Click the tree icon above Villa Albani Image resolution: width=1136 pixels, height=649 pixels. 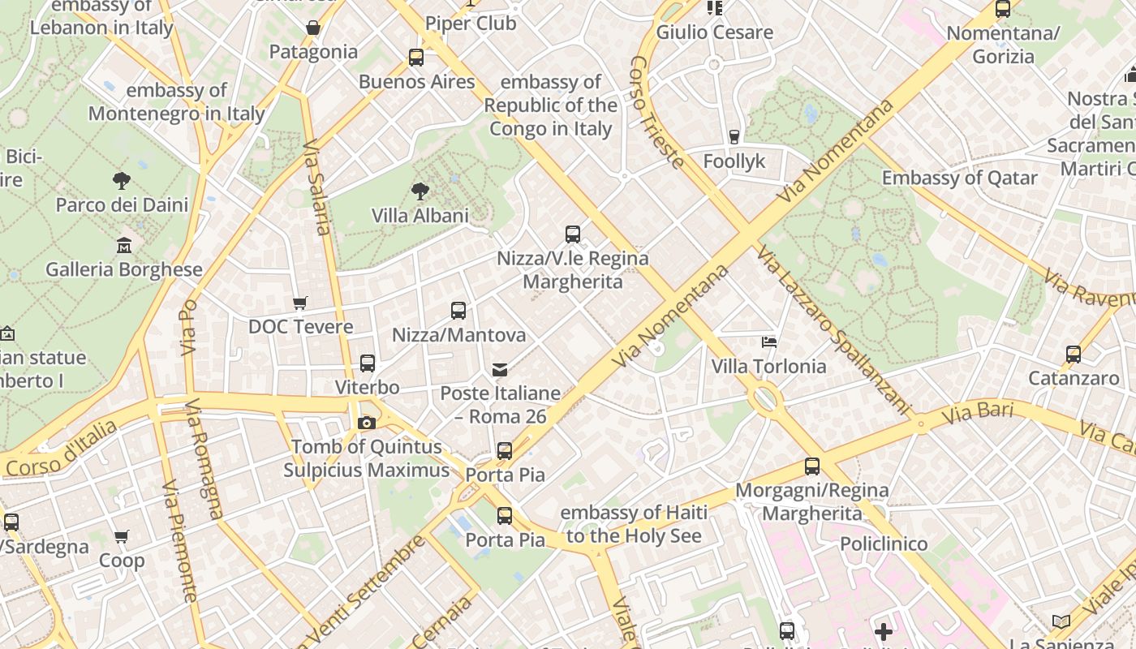click(x=420, y=191)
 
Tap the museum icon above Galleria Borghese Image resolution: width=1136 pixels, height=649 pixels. click(x=123, y=245)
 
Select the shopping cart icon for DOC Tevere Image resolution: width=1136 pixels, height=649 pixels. click(x=300, y=303)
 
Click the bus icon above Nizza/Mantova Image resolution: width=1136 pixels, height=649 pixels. click(x=458, y=311)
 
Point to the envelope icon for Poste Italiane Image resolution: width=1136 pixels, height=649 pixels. click(x=500, y=370)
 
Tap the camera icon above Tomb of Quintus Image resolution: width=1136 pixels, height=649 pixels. click(x=367, y=423)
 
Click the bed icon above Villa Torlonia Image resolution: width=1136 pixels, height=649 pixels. click(x=769, y=342)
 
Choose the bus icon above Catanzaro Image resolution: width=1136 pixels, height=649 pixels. click(x=1074, y=355)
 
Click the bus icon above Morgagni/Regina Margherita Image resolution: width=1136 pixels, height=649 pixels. click(x=812, y=466)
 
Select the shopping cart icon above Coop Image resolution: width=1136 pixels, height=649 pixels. click(x=122, y=536)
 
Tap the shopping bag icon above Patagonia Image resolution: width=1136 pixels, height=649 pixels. click(x=313, y=28)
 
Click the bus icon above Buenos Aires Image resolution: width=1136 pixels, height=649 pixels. click(x=416, y=58)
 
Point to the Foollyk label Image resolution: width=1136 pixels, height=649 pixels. click(x=734, y=161)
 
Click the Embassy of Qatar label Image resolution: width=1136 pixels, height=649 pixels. click(x=960, y=178)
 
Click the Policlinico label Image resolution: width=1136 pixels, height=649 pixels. click(x=884, y=544)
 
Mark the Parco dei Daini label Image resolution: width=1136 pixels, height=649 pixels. click(x=122, y=205)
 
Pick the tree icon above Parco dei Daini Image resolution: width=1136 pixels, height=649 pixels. click(x=122, y=181)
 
